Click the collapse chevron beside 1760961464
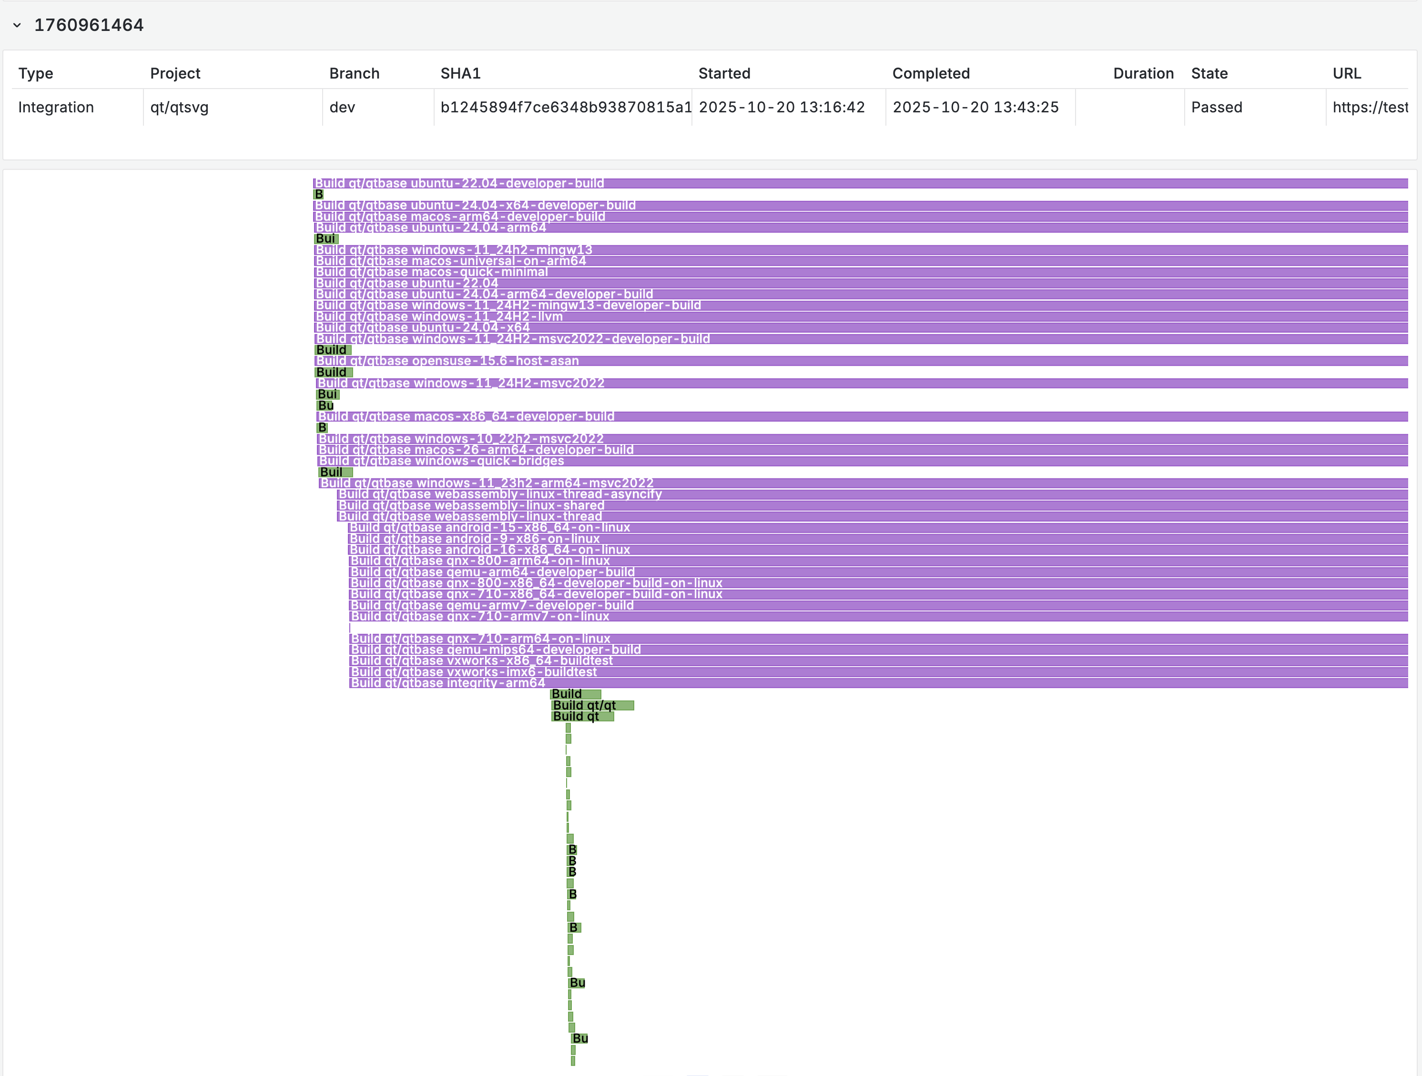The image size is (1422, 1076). tap(17, 25)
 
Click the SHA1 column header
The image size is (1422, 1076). tap(460, 73)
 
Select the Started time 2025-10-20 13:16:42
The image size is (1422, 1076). tap(782, 107)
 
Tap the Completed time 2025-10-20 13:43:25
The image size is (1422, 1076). tap(975, 107)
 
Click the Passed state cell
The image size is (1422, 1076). tap(1216, 107)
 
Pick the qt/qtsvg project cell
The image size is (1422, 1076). tap(179, 107)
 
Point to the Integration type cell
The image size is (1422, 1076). tap(56, 107)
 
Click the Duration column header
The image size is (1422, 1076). tap(1143, 73)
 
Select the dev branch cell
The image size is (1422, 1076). tap(342, 107)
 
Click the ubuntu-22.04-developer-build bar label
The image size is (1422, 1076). tap(459, 183)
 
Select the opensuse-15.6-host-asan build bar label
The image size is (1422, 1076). tap(447, 361)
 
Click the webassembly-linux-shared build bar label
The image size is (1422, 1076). tap(471, 506)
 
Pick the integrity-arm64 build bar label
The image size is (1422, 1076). tap(448, 683)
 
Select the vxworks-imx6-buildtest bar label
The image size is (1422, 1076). tap(474, 672)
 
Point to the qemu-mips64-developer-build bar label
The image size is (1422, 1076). tap(496, 649)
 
